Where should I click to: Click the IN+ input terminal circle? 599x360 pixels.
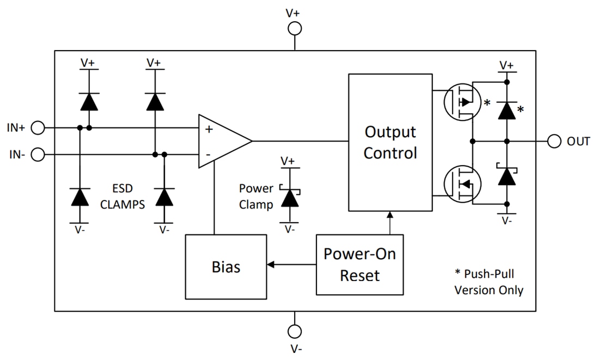pyautogui.click(x=38, y=128)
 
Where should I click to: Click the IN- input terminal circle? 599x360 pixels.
pyautogui.click(x=38, y=155)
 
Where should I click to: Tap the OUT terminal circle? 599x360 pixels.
pyautogui.click(x=554, y=141)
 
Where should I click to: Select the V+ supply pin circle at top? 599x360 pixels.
pyautogui.click(x=295, y=28)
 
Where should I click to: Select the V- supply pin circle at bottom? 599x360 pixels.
pyautogui.click(x=295, y=331)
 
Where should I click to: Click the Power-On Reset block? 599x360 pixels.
pyautogui.click(x=359, y=265)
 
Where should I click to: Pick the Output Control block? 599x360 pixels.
pyautogui.click(x=390, y=142)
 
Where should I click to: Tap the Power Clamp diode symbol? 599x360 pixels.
pyautogui.click(x=289, y=198)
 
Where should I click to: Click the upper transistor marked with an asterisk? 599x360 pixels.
pyautogui.click(x=462, y=101)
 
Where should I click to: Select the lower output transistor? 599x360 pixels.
pyautogui.click(x=462, y=184)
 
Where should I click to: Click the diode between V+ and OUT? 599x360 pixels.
pyautogui.click(x=507, y=111)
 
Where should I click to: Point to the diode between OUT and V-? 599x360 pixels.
pyautogui.click(x=507, y=176)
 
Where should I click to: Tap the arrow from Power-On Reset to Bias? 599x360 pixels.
pyautogui.click(x=291, y=265)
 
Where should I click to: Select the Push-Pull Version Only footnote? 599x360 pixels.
pyautogui.click(x=488, y=282)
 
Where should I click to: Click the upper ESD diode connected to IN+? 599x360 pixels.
pyautogui.click(x=89, y=101)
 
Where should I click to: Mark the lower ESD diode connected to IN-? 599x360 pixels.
pyautogui.click(x=164, y=197)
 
